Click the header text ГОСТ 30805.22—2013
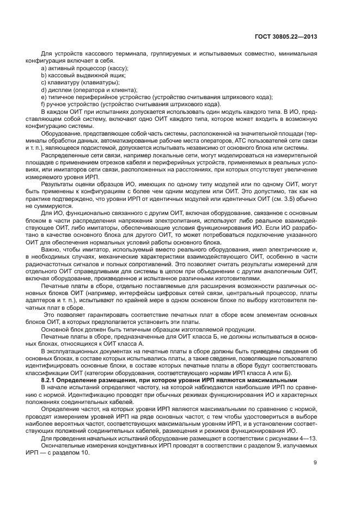click(x=286, y=37)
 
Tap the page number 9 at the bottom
click(x=315, y=463)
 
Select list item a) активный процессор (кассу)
click(x=84, y=69)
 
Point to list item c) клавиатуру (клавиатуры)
click(x=80, y=83)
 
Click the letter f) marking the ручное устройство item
click(x=44, y=104)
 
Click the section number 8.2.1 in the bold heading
click(x=50, y=379)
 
